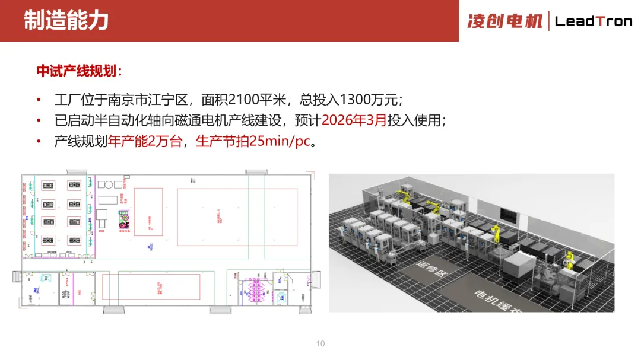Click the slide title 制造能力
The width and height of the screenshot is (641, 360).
(66, 20)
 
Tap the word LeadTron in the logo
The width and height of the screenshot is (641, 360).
(593, 21)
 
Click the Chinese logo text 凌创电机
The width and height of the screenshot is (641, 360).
(504, 21)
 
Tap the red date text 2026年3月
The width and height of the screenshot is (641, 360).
(353, 120)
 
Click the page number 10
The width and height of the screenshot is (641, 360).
(320, 343)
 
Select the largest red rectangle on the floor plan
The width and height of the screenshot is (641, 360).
(237, 217)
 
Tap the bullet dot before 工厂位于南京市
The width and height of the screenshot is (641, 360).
(39, 99)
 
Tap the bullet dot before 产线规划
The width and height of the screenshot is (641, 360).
(39, 142)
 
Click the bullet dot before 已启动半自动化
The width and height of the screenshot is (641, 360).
(39, 121)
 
